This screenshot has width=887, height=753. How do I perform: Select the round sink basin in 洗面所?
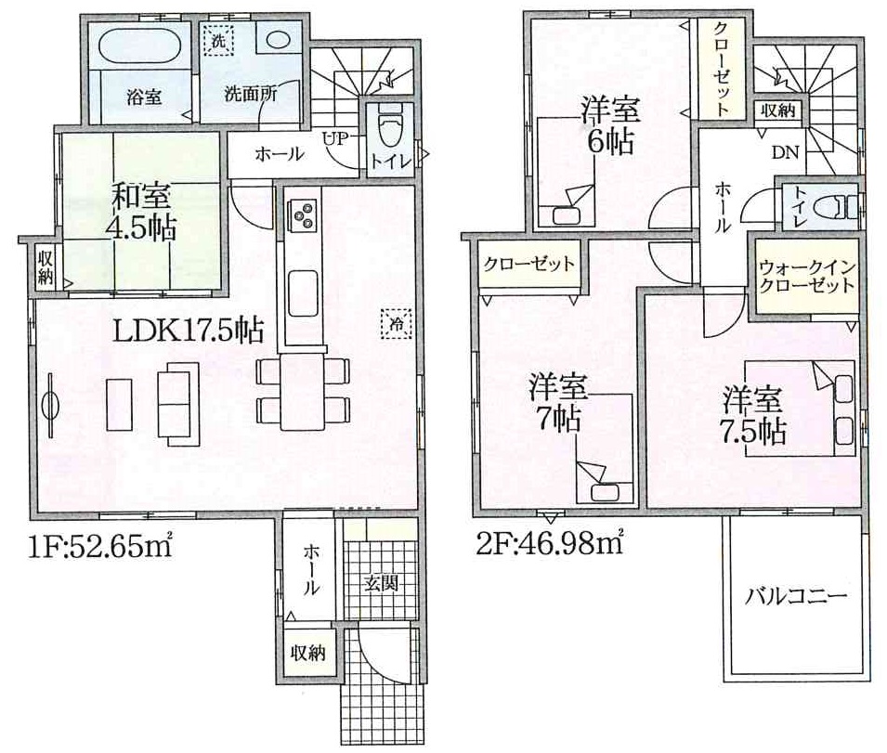[278, 40]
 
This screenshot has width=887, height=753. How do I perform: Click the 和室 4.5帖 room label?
[141, 212]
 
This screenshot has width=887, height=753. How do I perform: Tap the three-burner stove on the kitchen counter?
[303, 214]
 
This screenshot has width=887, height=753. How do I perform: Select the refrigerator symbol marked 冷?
[397, 324]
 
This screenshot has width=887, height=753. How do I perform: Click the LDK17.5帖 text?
[189, 331]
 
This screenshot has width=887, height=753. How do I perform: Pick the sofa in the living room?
[177, 399]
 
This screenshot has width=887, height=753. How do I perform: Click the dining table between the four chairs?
[302, 392]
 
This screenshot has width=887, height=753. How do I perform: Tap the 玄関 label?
[382, 583]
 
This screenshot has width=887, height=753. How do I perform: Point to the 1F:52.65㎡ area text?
[99, 545]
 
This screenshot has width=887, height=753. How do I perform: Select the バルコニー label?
[795, 596]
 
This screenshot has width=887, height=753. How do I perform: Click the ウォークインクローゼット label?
[806, 276]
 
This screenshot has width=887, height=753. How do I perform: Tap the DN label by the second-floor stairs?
[785, 151]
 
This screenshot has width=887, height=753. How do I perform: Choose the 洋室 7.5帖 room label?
[754, 415]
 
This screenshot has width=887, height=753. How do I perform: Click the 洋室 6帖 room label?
[611, 125]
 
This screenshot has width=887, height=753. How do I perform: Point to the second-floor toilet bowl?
[838, 207]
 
